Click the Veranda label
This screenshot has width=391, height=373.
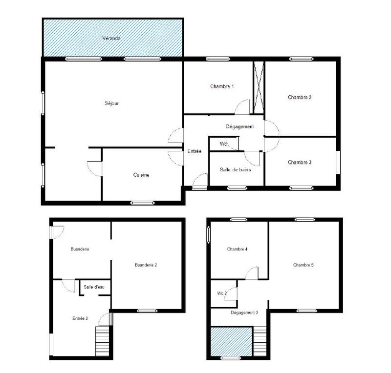[x=111, y=38]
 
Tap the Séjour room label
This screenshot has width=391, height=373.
[x=112, y=103]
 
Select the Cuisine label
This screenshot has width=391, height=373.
[x=141, y=175]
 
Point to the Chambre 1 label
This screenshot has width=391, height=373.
[x=222, y=86]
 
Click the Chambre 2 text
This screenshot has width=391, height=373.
[x=300, y=97]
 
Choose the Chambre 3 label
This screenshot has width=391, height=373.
[x=300, y=162]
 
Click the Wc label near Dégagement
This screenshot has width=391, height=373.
[x=223, y=144]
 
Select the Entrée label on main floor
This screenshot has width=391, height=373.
[x=194, y=151]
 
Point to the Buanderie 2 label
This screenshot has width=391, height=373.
[x=146, y=265]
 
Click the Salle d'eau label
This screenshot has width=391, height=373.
[x=93, y=287]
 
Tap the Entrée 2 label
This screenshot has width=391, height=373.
[x=80, y=318]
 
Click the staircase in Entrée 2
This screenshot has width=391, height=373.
[x=102, y=341]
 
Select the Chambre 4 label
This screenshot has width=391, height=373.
[x=238, y=249]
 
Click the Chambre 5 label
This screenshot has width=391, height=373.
[x=304, y=265]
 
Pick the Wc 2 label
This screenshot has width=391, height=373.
[x=221, y=293]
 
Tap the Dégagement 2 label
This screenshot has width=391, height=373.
[x=244, y=312]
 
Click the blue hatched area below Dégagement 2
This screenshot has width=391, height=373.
[x=231, y=341]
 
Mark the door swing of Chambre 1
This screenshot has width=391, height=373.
[x=243, y=108]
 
